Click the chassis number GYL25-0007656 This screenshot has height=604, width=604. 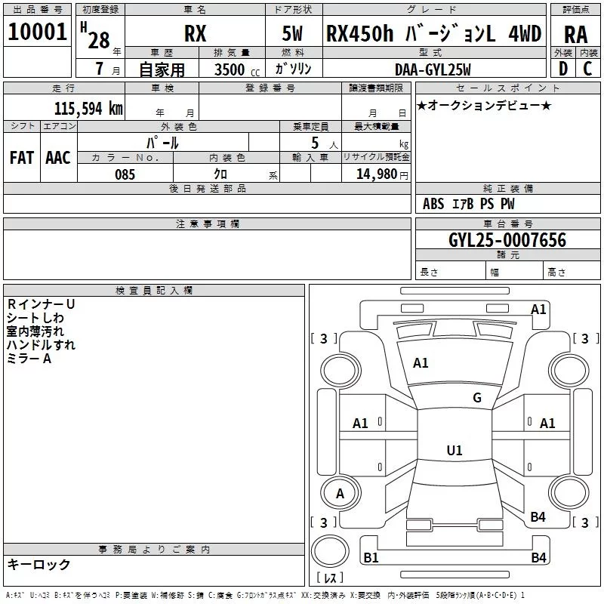pyautogui.click(x=507, y=240)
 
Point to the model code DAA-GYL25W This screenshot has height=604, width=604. pyautogui.click(x=433, y=69)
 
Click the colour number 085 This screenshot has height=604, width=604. pyautogui.click(x=125, y=174)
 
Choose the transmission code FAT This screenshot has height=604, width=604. pyautogui.click(x=21, y=157)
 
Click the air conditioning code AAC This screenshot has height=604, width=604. pyautogui.click(x=57, y=157)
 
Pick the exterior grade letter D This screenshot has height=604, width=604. pyautogui.click(x=562, y=69)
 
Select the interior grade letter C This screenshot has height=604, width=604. pyautogui.click(x=587, y=69)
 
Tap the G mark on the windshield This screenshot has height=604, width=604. pyautogui.click(x=476, y=398)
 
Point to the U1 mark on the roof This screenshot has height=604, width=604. pyautogui.click(x=454, y=451)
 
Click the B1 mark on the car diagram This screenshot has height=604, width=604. pyautogui.click(x=371, y=558)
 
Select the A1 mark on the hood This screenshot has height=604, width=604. pyautogui.click(x=421, y=362)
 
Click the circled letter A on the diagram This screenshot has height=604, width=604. pyautogui.click(x=340, y=494)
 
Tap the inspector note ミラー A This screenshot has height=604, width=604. pyautogui.click(x=29, y=359)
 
